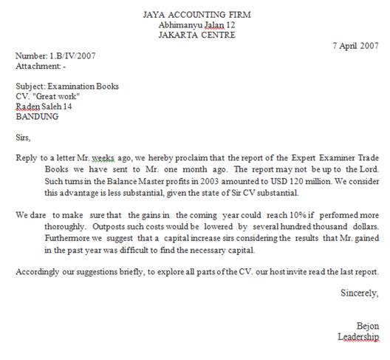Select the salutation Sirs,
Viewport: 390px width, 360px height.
pos(24,137)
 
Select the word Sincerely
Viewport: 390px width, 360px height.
pos(359,293)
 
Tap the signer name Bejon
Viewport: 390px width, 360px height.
pos(367,326)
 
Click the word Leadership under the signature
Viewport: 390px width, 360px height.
pos(358,337)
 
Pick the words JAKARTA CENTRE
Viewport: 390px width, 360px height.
pos(196,34)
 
